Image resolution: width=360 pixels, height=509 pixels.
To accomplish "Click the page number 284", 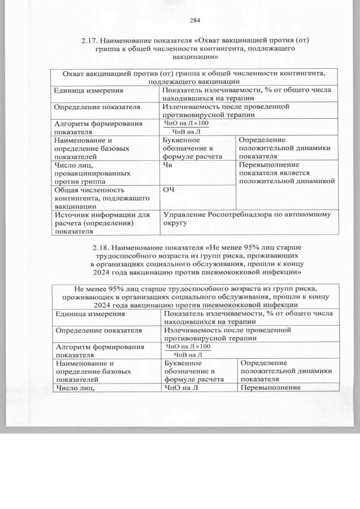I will click(x=195, y=21).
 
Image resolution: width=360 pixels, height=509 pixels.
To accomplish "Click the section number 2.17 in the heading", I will click(x=91, y=40).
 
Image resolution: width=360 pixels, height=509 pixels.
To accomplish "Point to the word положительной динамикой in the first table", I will click(x=287, y=181).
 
